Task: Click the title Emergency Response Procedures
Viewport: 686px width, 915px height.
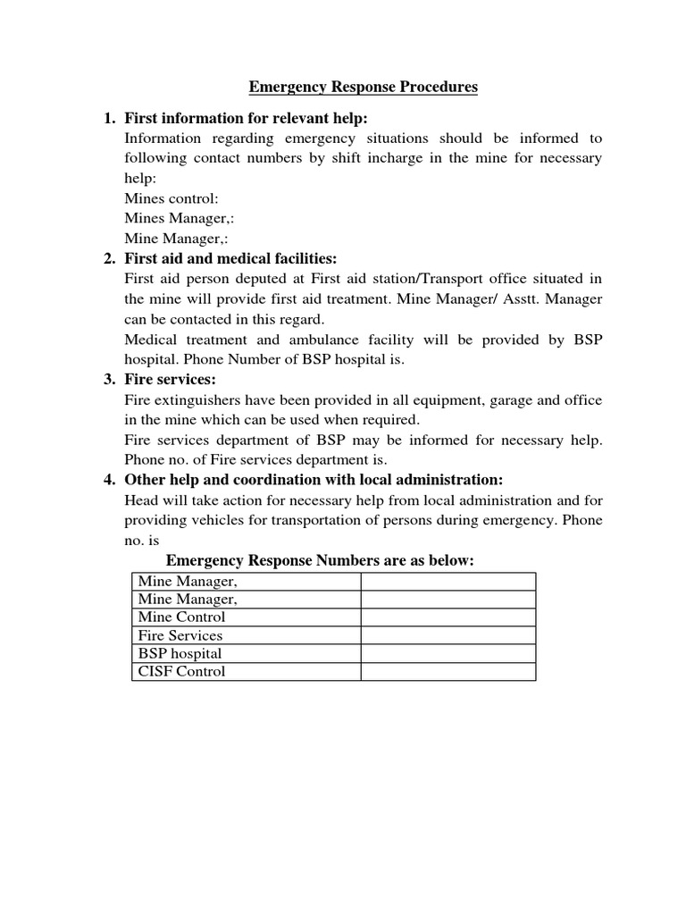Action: [x=363, y=87]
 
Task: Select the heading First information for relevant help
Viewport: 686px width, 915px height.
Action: [x=246, y=119]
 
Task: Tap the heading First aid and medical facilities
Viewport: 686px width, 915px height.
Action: [x=230, y=259]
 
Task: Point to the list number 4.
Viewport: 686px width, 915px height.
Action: [x=109, y=480]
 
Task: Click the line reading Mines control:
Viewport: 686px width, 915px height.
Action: [x=171, y=198]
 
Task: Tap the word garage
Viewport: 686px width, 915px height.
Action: [x=508, y=399]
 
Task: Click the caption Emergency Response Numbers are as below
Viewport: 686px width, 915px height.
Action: [x=320, y=560]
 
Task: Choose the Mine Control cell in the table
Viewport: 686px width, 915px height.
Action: [x=182, y=617]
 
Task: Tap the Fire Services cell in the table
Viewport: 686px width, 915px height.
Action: [x=180, y=635]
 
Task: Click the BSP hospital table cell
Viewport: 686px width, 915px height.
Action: [x=180, y=654]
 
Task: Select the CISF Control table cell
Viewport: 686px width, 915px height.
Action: [x=182, y=672]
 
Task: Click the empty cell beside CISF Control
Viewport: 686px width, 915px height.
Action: [x=448, y=672]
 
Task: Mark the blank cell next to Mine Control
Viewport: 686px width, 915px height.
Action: [x=448, y=617]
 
